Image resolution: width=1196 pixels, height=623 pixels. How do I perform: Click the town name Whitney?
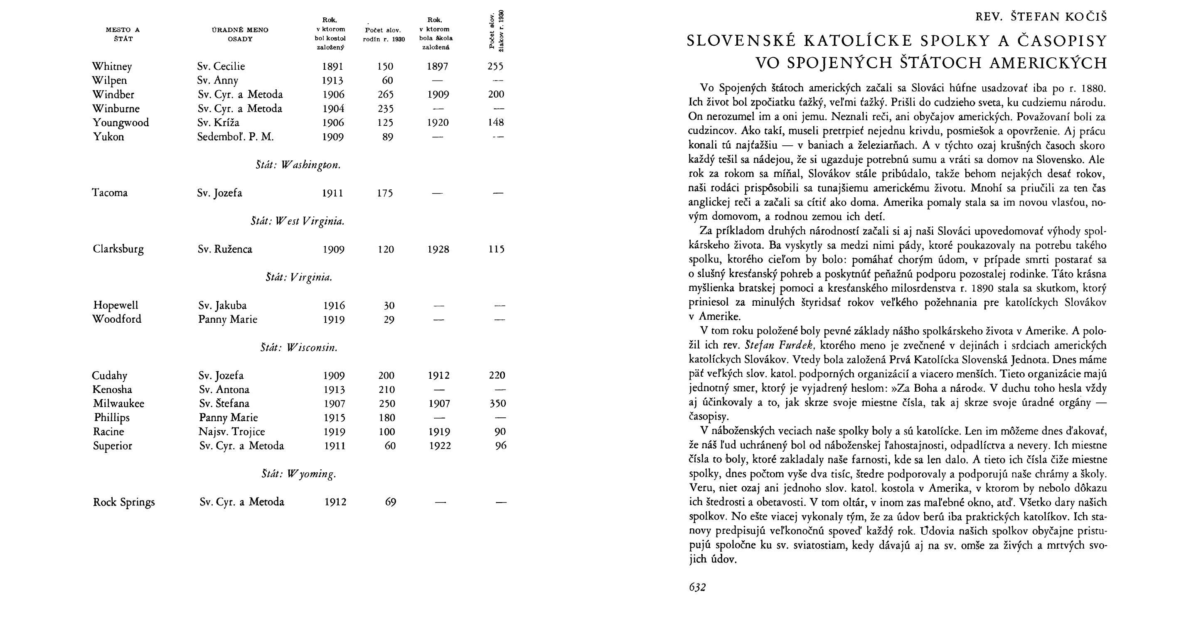112,67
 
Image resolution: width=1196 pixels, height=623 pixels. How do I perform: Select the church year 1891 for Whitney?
333,66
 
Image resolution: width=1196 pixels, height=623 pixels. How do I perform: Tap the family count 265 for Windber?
385,95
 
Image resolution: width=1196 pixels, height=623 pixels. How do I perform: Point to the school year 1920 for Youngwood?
438,123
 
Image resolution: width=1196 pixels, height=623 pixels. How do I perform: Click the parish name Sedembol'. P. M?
235,137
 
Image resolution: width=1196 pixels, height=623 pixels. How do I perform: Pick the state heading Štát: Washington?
298,165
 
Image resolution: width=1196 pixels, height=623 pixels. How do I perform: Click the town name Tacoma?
110,193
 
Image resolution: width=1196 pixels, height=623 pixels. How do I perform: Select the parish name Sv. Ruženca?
225,249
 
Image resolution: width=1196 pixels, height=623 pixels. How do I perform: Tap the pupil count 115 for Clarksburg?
496,249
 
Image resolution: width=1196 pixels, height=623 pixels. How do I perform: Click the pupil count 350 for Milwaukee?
497,404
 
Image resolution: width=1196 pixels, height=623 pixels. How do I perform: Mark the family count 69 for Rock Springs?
391,502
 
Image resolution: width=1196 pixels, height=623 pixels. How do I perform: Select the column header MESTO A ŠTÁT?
123,34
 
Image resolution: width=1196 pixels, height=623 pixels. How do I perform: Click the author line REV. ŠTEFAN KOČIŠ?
1041,17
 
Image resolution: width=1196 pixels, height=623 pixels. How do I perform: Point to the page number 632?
697,587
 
